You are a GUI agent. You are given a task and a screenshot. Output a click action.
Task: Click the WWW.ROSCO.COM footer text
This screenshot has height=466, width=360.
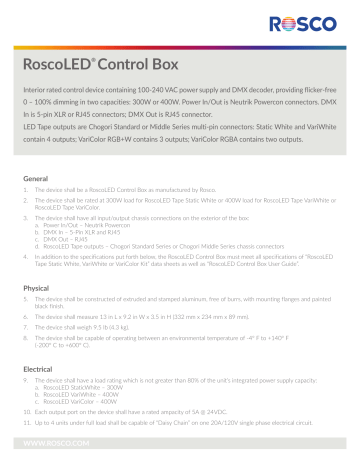click(54, 439)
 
